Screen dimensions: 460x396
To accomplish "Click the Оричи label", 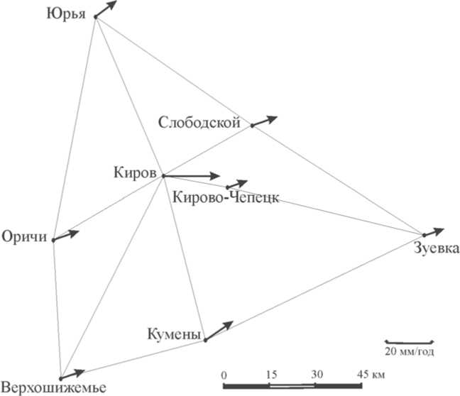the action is coord(23,236).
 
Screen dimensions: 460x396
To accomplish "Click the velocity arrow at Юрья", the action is coord(105,9).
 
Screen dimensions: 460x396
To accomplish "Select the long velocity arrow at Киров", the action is coord(192,175).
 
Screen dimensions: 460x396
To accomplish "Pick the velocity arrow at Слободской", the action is coord(265,121).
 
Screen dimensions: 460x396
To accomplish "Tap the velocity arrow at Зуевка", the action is coord(433,231).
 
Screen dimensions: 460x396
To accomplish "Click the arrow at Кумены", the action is coord(219,331).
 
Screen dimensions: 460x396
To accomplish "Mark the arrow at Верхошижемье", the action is coord(73,373).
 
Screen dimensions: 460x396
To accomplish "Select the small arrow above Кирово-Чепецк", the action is coord(237,184).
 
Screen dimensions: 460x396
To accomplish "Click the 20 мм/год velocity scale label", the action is coord(409,352).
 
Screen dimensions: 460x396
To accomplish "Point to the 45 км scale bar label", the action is coord(368,373).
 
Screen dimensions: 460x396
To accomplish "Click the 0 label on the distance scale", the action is coord(224,373).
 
